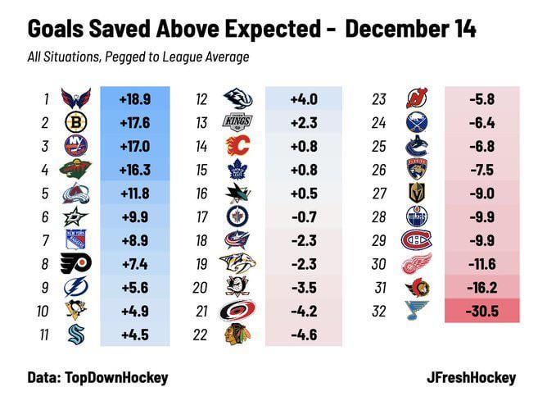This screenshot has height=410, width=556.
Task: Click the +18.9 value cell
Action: [134, 99]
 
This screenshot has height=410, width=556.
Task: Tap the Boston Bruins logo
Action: [76, 123]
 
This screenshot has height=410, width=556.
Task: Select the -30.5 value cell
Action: [481, 311]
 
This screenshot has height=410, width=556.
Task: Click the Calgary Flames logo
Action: [237, 147]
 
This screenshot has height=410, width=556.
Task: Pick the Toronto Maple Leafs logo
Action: [237, 170]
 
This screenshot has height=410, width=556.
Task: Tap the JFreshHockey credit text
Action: [472, 377]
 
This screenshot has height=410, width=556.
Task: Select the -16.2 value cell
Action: [481, 287]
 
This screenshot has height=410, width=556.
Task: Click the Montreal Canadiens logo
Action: [417, 240]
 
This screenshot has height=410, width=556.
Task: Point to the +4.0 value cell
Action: [304, 99]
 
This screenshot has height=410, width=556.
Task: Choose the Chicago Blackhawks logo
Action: [237, 334]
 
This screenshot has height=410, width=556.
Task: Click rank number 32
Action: [378, 311]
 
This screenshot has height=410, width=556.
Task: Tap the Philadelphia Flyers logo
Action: [76, 263]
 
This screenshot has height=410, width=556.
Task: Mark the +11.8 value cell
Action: [134, 194]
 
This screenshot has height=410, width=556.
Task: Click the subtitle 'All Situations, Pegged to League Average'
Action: [138, 57]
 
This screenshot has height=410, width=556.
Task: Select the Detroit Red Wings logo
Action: [417, 263]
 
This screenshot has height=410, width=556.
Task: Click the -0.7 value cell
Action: [304, 216]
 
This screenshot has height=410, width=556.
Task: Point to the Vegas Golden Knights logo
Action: [417, 194]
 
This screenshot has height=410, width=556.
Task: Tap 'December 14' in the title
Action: [410, 29]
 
